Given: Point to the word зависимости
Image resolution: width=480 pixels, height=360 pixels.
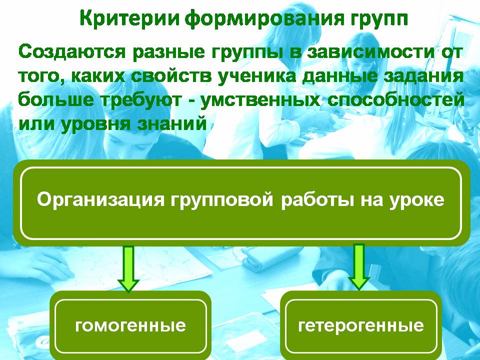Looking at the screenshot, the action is (x=370, y=51).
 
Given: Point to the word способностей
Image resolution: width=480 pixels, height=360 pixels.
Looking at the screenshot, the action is (x=396, y=100).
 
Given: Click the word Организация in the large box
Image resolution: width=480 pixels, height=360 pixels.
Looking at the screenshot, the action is (x=100, y=200).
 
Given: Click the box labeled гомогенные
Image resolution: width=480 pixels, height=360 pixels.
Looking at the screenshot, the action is (x=130, y=325).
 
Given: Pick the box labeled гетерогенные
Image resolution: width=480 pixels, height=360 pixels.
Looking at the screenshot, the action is (x=361, y=325).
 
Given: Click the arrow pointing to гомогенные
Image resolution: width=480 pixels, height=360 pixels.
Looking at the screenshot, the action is (x=128, y=267).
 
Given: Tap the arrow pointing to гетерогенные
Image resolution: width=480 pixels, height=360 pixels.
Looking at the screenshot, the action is (x=359, y=266).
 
